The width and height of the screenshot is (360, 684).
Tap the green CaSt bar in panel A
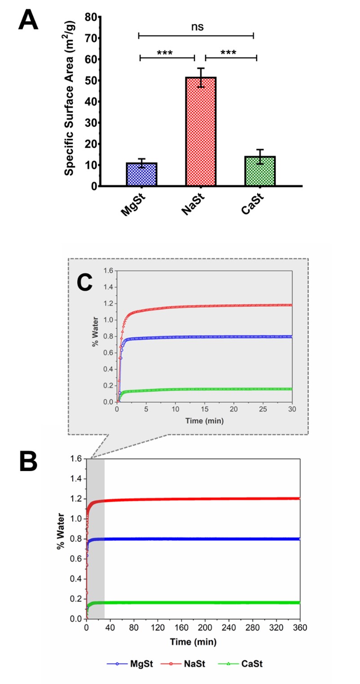pyautogui.click(x=260, y=171)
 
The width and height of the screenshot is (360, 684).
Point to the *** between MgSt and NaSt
pyautogui.click(x=165, y=53)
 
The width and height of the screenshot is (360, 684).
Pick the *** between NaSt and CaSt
pyautogui.click(x=228, y=53)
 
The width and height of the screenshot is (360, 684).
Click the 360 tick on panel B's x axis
pyautogui.click(x=299, y=628)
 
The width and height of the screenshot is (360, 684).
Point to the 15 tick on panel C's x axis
pyautogui.click(x=204, y=410)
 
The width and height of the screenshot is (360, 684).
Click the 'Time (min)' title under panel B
pyautogui.click(x=193, y=642)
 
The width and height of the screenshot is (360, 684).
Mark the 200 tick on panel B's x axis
pyautogui.click(x=205, y=628)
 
